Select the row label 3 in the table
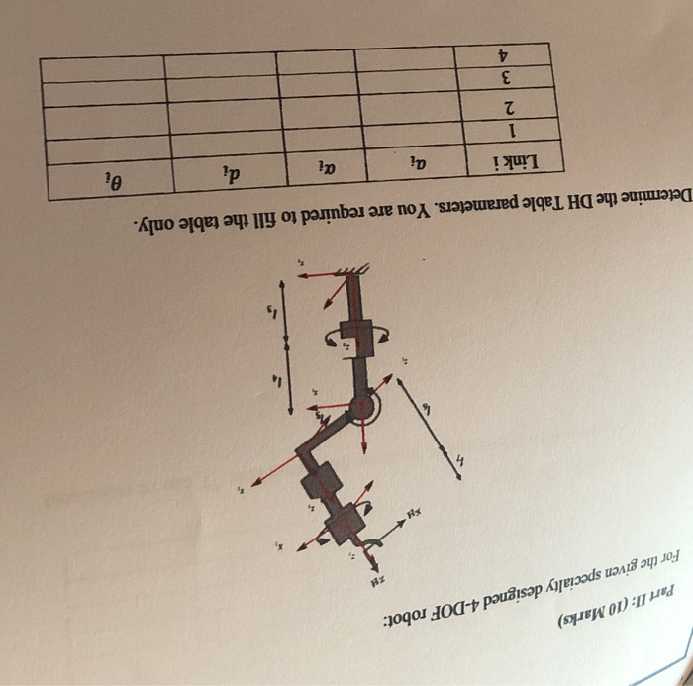tap(508, 77)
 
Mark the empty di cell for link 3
tap(222, 87)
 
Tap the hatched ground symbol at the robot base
tap(354, 273)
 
